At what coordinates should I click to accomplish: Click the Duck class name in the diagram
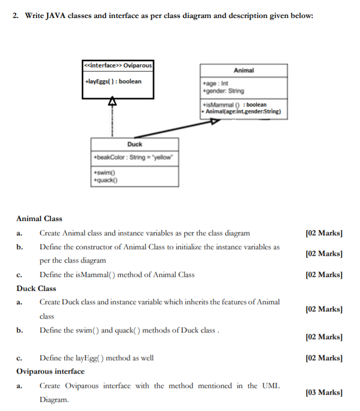click(135, 144)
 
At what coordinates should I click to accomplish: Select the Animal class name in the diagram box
click(243, 70)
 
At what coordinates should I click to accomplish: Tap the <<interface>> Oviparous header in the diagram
click(118, 66)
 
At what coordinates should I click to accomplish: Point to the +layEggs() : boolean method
click(113, 81)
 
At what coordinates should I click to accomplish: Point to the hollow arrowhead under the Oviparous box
click(109, 102)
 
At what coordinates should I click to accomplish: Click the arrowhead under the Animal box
click(214, 122)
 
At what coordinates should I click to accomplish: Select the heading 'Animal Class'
click(39, 218)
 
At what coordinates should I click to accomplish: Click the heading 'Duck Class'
click(36, 288)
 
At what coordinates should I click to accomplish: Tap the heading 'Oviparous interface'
click(50, 371)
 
